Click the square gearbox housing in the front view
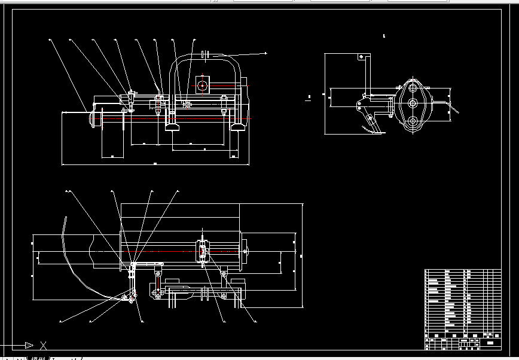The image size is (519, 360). pos(202,86)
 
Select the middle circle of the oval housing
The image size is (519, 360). pos(412,103)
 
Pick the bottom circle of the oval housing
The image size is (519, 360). pos(412,121)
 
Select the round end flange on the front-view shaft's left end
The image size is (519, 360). pos(92,117)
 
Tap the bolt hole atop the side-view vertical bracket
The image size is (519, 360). pos(362,56)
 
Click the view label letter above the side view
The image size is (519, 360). pos(384,36)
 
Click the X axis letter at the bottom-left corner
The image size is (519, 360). pos(43,345)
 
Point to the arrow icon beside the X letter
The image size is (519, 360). pos(27,345)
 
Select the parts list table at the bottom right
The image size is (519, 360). pos(462,309)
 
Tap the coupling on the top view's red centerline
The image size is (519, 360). pos(203,252)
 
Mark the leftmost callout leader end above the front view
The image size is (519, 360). pos(50,41)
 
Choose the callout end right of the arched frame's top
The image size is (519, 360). pos(265,53)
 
